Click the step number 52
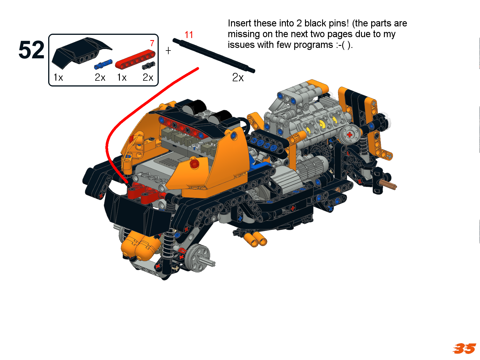click(32, 50)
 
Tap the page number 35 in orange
click(464, 348)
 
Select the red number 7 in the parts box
click(152, 43)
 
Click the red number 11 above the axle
click(189, 35)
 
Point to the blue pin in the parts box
click(103, 64)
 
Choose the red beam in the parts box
click(135, 59)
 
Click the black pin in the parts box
click(149, 65)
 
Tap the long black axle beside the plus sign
click(214, 55)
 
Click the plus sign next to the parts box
click(168, 51)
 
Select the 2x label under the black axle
click(238, 78)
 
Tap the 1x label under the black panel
click(58, 78)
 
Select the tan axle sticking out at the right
click(388, 185)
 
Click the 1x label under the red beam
click(122, 78)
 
